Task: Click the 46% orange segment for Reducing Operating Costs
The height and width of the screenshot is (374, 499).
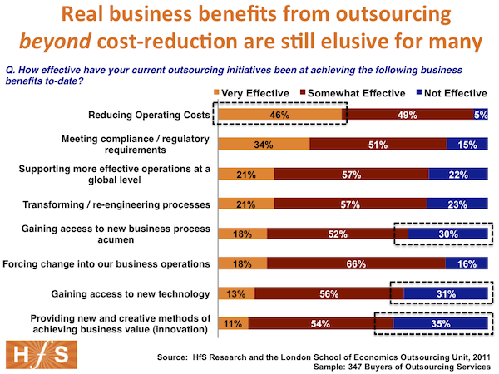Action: (x=280, y=115)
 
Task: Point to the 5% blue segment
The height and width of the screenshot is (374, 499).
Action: (x=481, y=115)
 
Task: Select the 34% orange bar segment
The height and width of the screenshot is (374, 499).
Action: (x=263, y=145)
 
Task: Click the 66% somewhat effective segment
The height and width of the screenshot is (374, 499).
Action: (x=356, y=265)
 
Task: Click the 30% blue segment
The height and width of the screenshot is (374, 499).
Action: (x=447, y=235)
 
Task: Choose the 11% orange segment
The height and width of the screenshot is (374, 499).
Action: (x=232, y=322)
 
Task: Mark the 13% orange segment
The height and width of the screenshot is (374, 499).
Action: (x=235, y=294)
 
